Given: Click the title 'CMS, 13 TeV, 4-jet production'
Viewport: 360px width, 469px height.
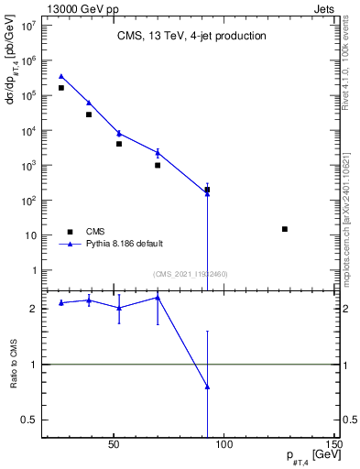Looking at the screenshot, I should click(x=191, y=37).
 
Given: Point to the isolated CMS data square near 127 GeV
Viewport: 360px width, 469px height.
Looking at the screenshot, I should click(x=285, y=229).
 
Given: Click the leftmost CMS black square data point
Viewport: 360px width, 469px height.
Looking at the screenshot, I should click(x=61, y=88).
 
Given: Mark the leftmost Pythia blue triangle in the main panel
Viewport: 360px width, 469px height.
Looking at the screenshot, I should click(x=61, y=77).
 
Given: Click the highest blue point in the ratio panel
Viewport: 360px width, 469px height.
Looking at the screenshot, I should click(x=158, y=297).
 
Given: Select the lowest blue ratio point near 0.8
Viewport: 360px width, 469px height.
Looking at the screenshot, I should click(x=207, y=387).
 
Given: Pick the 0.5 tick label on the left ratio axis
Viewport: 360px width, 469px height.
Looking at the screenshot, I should click(x=33, y=420).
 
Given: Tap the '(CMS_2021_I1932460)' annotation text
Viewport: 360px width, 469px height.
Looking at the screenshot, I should click(x=191, y=274).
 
